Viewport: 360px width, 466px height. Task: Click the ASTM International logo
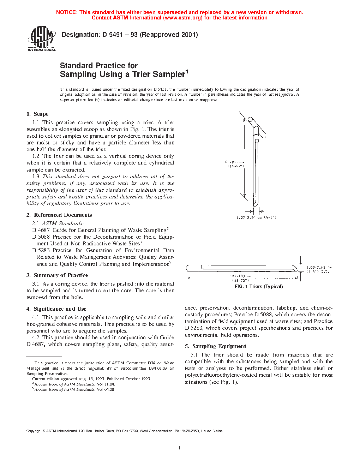42,38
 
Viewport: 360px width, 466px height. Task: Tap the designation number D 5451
113,35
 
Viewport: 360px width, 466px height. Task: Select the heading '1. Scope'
37,114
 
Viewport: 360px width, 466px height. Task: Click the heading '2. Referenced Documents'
59,215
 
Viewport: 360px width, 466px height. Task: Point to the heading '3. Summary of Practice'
57,275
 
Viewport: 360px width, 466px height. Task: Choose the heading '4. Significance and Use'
56,309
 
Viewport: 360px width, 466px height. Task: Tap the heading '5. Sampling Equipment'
215,346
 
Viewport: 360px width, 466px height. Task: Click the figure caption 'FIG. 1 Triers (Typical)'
259,287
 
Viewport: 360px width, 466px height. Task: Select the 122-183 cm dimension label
240,276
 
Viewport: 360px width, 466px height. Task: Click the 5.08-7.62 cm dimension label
319,268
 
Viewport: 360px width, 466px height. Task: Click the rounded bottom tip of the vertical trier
256,204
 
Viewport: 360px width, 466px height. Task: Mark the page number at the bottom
180,448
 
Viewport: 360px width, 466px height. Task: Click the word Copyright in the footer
34,431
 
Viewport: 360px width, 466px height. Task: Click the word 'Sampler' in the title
167,74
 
